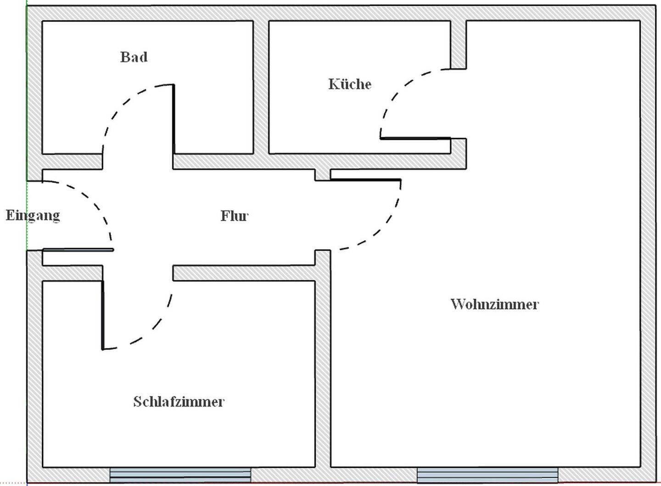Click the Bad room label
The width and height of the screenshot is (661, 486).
[134, 57]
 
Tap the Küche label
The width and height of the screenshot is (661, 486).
[350, 84]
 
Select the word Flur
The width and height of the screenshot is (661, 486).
[234, 216]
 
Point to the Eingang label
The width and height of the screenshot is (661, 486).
[33, 215]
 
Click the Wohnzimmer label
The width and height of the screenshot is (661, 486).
[494, 304]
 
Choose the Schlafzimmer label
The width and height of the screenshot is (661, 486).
[179, 402]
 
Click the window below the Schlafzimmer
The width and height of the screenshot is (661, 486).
[180, 475]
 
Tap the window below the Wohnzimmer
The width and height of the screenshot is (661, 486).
[487, 475]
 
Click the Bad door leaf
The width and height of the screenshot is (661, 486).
[173, 119]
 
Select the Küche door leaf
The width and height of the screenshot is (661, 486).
[415, 138]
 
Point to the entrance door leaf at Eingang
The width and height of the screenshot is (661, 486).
[78, 250]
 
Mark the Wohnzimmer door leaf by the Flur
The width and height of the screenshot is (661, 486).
[365, 179]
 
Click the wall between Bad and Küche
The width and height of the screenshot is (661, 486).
[261, 87]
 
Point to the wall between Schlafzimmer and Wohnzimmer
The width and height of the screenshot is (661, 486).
[323, 367]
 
